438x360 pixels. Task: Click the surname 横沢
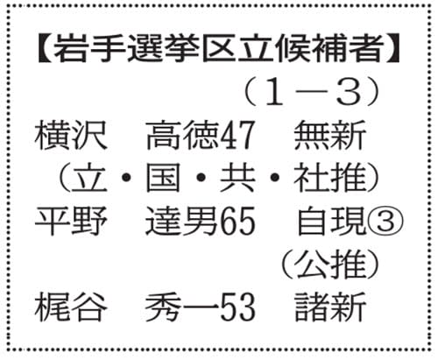tap(71, 136)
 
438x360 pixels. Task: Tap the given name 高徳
tap(182, 136)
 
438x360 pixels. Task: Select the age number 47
tap(237, 136)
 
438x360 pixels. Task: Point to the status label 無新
tap(330, 136)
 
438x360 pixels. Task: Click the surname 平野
tap(71, 221)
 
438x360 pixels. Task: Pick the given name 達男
tap(182, 221)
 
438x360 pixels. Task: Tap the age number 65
tap(237, 221)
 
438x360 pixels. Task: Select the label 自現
tap(331, 221)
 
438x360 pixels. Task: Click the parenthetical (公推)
tap(330, 264)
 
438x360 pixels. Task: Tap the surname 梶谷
tap(71, 307)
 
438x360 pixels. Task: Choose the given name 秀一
tap(182, 307)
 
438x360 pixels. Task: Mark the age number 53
tap(237, 307)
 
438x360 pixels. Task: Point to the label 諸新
tap(330, 307)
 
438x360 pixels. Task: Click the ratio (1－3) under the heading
tap(311, 92)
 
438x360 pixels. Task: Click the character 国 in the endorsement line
tap(163, 178)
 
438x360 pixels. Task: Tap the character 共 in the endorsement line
tap(237, 178)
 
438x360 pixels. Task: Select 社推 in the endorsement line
tap(330, 178)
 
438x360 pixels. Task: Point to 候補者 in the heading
tap(329, 48)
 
